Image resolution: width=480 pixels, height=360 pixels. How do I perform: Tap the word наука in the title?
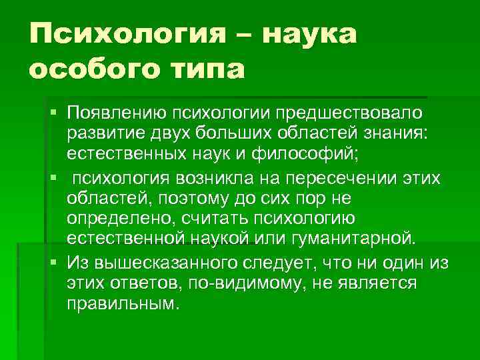click(x=311, y=34)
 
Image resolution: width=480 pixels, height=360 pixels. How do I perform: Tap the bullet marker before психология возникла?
click(x=53, y=177)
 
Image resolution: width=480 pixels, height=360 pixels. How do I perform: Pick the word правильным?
click(x=123, y=304)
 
